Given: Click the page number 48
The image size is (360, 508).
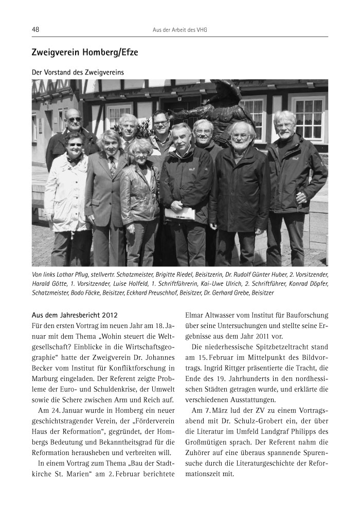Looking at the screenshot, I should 35,30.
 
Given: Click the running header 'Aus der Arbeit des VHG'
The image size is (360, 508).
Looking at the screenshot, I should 179,30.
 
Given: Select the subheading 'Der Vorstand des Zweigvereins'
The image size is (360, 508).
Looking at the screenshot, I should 78,72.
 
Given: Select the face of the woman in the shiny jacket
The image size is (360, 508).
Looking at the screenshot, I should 139,152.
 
